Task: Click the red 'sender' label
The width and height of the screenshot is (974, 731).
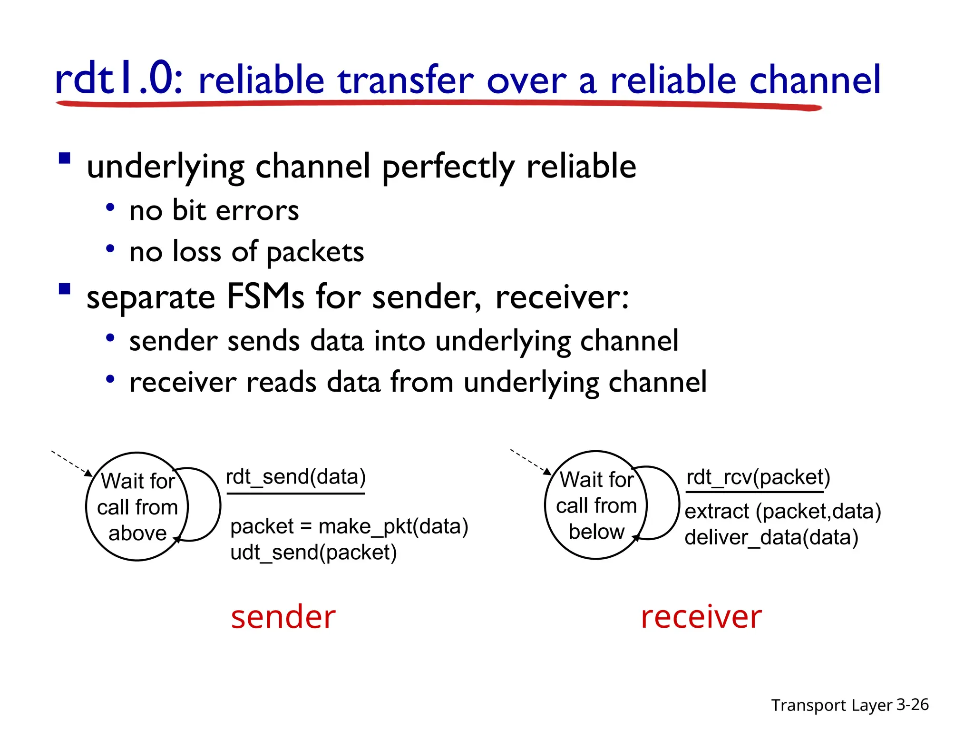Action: tap(283, 617)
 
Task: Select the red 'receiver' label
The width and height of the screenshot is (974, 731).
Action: tap(701, 617)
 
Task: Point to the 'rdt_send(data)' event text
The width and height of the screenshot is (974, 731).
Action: tap(295, 477)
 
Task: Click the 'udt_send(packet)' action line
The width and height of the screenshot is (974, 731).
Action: tap(313, 553)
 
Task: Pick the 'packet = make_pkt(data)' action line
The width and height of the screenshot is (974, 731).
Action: tap(349, 526)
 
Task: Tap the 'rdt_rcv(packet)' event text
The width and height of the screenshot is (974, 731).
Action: tap(758, 477)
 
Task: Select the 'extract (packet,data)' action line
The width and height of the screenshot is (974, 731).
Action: tap(783, 512)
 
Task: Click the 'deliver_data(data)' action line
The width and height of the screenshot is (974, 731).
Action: tap(771, 537)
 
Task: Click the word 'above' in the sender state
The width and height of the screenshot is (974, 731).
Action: tap(137, 533)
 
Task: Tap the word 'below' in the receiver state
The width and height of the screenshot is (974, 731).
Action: tap(596, 532)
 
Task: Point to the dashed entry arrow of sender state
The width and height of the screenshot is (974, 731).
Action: tap(71, 463)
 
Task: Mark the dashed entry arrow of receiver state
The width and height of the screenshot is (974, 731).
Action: tap(530, 461)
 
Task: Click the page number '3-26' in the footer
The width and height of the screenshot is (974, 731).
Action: tap(912, 704)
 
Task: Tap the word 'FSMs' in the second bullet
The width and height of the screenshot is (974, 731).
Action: tap(265, 297)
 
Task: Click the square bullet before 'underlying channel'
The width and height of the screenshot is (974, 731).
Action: tap(65, 158)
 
